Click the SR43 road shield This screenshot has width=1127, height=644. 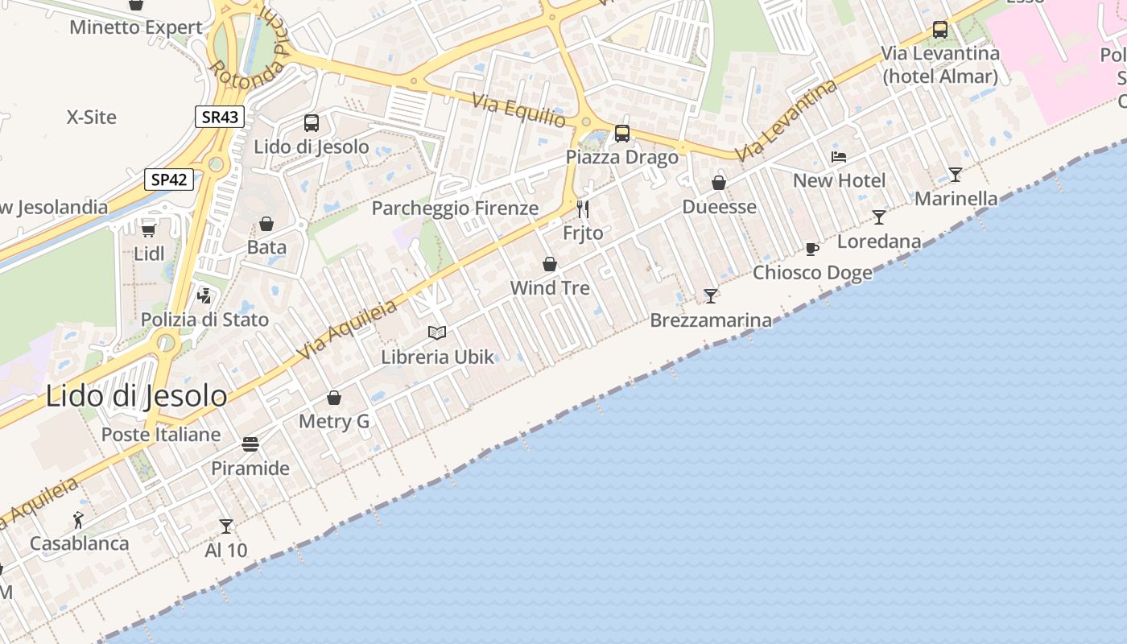click(220, 117)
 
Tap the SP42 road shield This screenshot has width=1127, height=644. click(169, 179)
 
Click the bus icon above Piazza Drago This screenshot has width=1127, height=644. click(622, 133)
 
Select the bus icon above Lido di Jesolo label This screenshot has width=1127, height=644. click(312, 123)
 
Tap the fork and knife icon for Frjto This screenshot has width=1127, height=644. click(583, 209)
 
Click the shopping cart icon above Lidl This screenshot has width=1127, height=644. click(149, 230)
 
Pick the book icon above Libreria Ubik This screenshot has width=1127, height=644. click(437, 332)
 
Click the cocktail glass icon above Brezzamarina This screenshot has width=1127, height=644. click(710, 296)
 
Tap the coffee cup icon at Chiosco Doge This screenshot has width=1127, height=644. click(812, 249)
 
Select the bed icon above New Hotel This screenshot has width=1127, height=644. click(839, 157)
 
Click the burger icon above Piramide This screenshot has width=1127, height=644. click(250, 444)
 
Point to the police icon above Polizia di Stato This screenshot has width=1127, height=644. click(204, 295)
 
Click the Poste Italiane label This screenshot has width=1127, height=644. click(161, 435)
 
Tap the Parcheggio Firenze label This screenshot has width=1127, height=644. click(455, 208)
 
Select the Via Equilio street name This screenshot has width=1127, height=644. click(519, 110)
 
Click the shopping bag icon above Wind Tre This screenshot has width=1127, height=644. click(550, 264)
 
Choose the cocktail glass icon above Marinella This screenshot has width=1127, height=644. click(956, 174)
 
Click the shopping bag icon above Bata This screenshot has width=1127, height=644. click(266, 224)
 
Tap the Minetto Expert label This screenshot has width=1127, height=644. click(136, 27)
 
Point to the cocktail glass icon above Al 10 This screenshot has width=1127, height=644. click(226, 526)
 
